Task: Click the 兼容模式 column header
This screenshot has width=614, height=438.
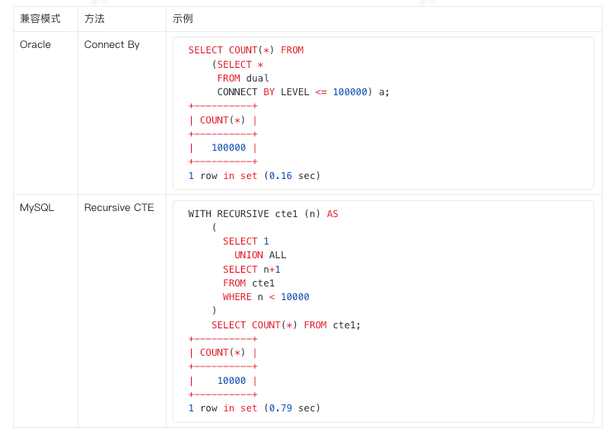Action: point(40,19)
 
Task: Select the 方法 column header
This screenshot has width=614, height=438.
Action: point(94,19)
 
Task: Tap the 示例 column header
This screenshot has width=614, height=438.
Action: point(183,19)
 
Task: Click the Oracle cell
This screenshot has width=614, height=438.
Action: point(35,45)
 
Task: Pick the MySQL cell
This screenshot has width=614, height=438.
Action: point(37,208)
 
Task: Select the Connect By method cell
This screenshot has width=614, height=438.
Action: point(112,45)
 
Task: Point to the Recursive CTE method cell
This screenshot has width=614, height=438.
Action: point(119,207)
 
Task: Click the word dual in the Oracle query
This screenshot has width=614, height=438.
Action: point(257,78)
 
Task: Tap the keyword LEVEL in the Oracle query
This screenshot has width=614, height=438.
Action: point(295,92)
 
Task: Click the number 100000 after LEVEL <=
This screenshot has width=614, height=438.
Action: point(350,92)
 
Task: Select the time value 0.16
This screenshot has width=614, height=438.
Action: point(281,176)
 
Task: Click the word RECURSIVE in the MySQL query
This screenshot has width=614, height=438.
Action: point(243,214)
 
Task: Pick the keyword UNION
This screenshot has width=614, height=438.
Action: point(249,255)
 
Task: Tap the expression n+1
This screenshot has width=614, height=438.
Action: point(272,270)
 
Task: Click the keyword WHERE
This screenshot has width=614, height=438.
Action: point(237,297)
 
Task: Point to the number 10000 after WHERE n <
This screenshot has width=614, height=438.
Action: point(295,297)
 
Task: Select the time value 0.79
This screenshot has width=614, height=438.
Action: point(281,408)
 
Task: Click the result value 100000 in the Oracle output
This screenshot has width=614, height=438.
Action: point(229,148)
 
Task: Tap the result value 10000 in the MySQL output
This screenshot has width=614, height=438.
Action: point(231,381)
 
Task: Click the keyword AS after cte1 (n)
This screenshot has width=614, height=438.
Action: point(332,214)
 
